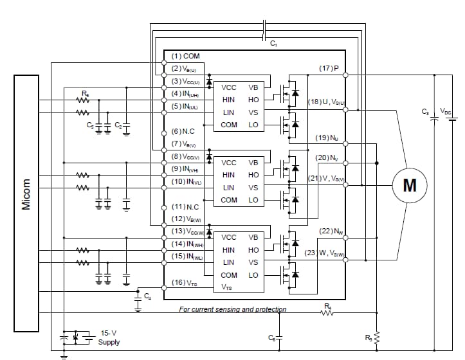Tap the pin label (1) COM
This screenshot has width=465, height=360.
tap(187, 57)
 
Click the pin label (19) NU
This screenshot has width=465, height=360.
tap(326, 138)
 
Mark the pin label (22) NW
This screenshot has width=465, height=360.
tap(330, 231)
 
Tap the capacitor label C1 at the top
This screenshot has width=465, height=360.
tap(273, 42)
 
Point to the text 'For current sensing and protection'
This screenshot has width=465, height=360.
tap(232, 309)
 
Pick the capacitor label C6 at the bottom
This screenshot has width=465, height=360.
tap(271, 337)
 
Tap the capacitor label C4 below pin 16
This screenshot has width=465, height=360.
tap(148, 296)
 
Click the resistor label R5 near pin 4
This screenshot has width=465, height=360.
tap(86, 93)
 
